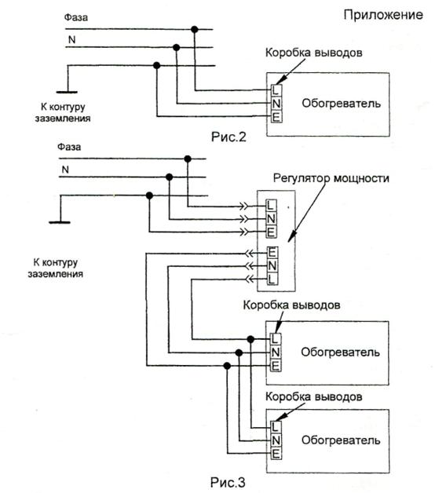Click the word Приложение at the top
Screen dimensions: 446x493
pyautogui.click(x=383, y=15)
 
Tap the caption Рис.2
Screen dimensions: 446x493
pyautogui.click(x=228, y=137)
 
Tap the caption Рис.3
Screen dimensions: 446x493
pyautogui.click(x=228, y=482)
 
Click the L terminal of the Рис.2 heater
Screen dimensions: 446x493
pyautogui.click(x=276, y=90)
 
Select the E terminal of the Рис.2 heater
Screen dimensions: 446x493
pyautogui.click(x=276, y=117)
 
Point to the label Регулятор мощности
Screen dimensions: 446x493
pyautogui.click(x=331, y=178)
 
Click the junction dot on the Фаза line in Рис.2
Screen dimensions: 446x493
pyautogui.click(x=195, y=30)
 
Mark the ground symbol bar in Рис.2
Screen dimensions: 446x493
pyautogui.click(x=67, y=92)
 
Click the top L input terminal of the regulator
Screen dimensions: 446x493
pyautogui.click(x=271, y=206)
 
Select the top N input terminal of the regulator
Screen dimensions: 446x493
pyautogui.click(x=271, y=219)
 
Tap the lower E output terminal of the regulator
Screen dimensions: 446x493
pyautogui.click(x=272, y=252)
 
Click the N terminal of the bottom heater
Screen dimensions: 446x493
pyautogui.click(x=276, y=440)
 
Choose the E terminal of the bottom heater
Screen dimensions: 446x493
pyautogui.click(x=276, y=454)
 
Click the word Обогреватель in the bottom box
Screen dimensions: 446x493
pyautogui.click(x=341, y=440)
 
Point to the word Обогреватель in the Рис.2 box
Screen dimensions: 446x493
pyautogui.click(x=342, y=103)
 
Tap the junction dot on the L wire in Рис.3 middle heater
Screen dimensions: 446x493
pyautogui.click(x=250, y=339)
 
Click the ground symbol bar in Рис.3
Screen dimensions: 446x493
pyautogui.click(x=60, y=222)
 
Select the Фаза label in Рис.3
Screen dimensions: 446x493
pyautogui.click(x=69, y=147)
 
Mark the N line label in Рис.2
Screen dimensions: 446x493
pyautogui.click(x=72, y=40)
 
